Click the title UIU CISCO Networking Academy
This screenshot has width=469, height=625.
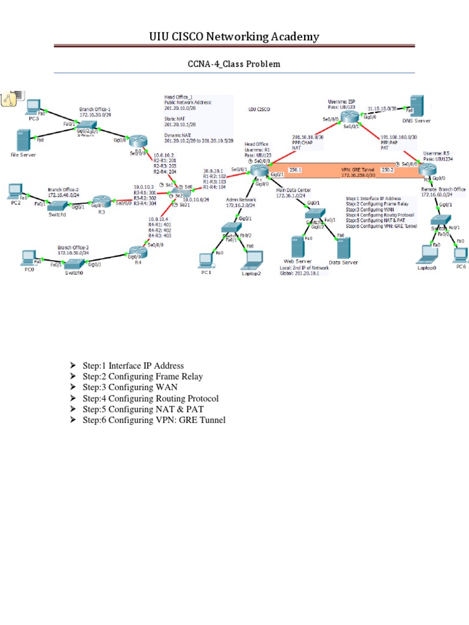[234, 38]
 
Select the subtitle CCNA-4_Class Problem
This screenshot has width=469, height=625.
[234, 64]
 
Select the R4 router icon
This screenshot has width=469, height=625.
[135, 251]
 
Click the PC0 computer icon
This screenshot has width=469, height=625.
[28, 256]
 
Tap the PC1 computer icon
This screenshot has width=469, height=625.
[205, 261]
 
